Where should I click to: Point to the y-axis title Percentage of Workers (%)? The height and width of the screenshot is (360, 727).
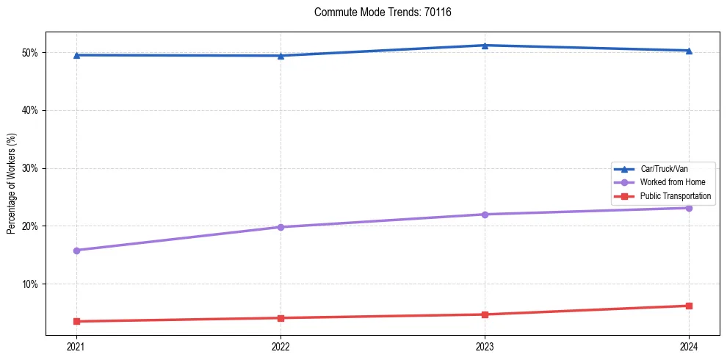[x=11, y=184]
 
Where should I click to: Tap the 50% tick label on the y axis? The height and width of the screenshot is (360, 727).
[x=32, y=53]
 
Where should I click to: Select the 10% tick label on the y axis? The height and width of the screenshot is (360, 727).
[x=32, y=284]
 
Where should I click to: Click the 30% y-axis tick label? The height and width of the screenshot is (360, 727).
[x=32, y=168]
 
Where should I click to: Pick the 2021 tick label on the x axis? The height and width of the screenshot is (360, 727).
[x=76, y=346]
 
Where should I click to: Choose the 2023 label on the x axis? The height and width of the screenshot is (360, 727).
[x=485, y=346]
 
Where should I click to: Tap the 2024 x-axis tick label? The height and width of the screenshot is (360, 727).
[x=689, y=346]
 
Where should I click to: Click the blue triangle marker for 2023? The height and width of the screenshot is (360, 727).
[x=485, y=46]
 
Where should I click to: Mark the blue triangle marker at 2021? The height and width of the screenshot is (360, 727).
[x=76, y=55]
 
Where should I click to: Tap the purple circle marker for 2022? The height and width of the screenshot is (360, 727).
[x=281, y=227]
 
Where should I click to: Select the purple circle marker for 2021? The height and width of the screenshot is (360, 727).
[x=76, y=251]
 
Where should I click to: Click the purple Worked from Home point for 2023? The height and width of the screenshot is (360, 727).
[x=485, y=215]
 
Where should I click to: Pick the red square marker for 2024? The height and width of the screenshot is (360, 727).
[x=689, y=306]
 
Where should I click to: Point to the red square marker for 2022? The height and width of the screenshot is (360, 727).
[x=281, y=318]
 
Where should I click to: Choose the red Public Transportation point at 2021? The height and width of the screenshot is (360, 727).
[x=76, y=321]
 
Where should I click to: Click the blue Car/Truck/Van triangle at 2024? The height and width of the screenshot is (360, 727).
[x=689, y=51]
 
